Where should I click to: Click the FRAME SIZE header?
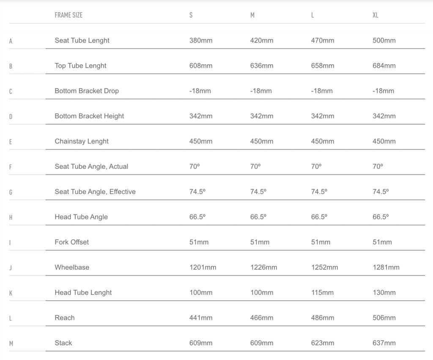[x=69, y=15]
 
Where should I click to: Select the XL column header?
[x=375, y=15]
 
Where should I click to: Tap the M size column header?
[x=252, y=15]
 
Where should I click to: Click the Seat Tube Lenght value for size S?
[x=201, y=41]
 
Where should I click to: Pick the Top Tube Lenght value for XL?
[x=384, y=66]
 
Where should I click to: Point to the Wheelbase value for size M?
[x=263, y=267]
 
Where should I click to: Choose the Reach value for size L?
[x=323, y=318]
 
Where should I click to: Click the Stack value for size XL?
[x=384, y=343]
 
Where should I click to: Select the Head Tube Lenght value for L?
[x=323, y=293]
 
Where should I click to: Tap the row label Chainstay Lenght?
[x=82, y=142]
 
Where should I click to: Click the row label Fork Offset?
[x=72, y=242]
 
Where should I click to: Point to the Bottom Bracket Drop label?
[x=87, y=91]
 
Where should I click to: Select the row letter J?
[x=11, y=268]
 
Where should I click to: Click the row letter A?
[x=11, y=41]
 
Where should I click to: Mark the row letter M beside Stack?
[x=11, y=344]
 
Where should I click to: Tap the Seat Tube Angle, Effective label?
[x=95, y=192]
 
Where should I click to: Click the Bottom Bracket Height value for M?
[x=262, y=116]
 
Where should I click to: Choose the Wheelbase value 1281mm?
[x=386, y=267]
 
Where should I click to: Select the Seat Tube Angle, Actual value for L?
[x=316, y=166]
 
